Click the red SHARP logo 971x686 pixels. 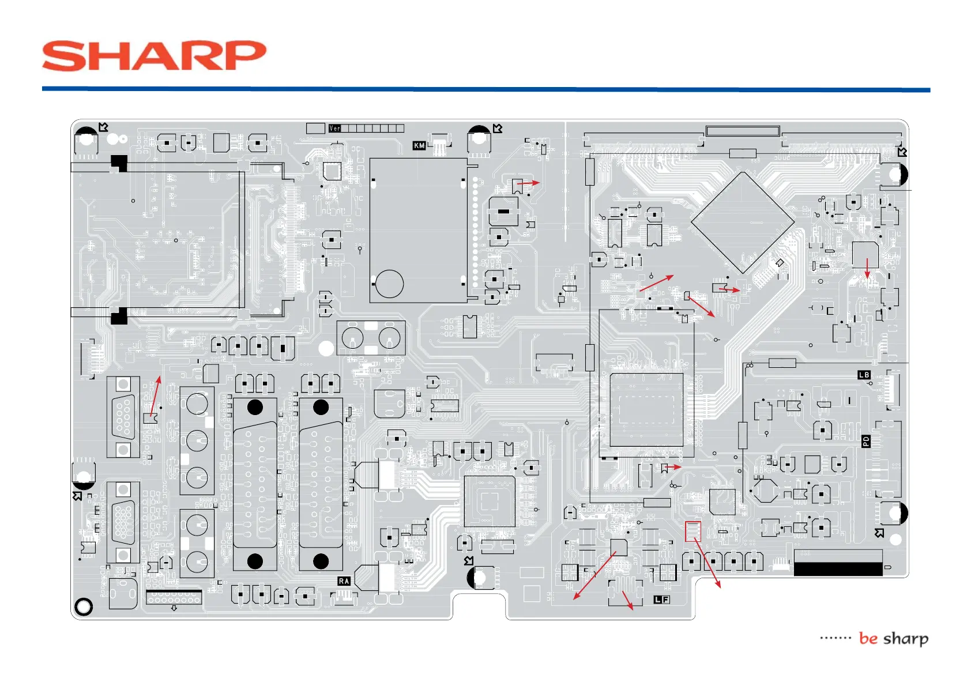coord(154,56)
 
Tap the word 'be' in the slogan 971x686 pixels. coord(868,638)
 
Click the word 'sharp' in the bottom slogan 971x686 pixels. coord(906,639)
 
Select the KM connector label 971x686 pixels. coord(419,146)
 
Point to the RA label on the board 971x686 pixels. coord(344,581)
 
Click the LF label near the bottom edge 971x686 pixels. coord(661,600)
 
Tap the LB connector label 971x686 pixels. coord(864,375)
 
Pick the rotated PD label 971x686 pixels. coord(865,442)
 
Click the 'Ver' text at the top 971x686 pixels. coord(335,128)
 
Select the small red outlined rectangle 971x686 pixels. coord(693,532)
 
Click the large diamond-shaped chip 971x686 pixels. coord(743,223)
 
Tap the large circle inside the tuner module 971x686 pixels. coord(389,284)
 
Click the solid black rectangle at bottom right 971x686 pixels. coord(838,569)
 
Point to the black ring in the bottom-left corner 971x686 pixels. coord(84,606)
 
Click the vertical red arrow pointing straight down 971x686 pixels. coord(867,268)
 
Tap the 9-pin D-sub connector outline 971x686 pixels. coord(123,417)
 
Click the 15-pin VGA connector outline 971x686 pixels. coord(123,522)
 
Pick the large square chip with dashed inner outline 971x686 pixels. coord(646,409)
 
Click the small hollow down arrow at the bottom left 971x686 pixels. coord(174,608)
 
